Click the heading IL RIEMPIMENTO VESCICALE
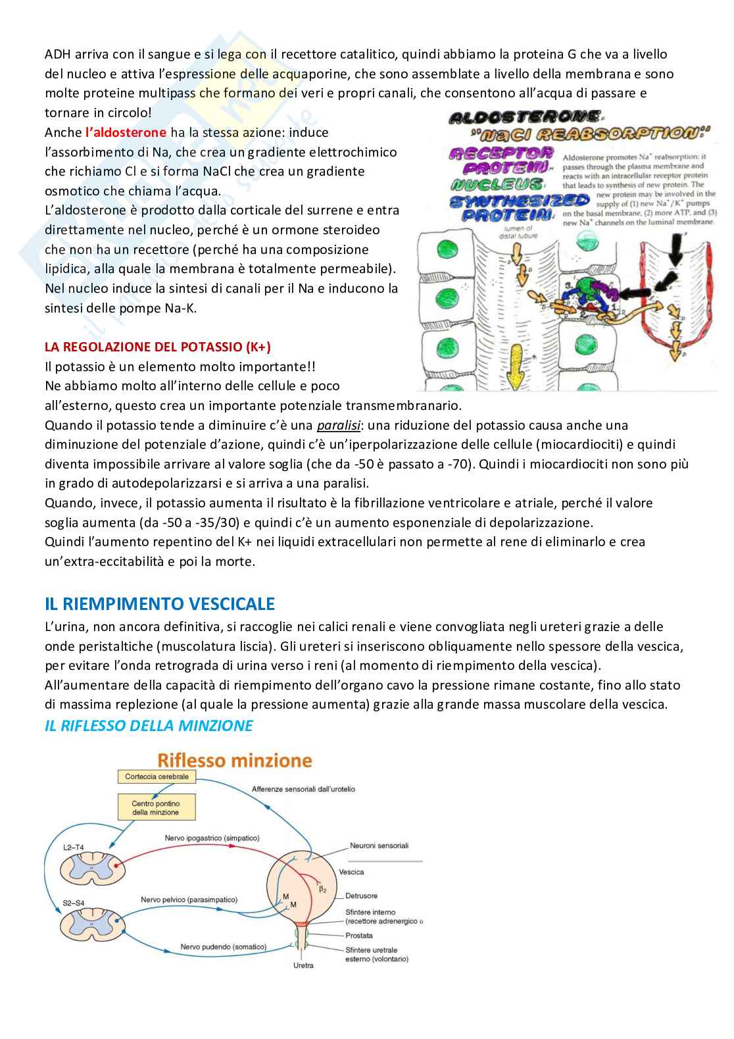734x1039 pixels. [x=160, y=603]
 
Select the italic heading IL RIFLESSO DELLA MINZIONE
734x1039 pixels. [x=149, y=726]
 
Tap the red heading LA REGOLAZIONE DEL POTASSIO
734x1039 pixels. [x=157, y=347]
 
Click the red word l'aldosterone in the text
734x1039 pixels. [x=126, y=132]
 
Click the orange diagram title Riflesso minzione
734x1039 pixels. [x=234, y=761]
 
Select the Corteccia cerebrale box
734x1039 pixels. [x=157, y=776]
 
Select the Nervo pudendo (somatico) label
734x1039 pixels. [x=224, y=947]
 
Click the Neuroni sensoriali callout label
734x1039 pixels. [x=379, y=846]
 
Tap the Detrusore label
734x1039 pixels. [x=361, y=896]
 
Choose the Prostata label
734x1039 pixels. [x=359, y=935]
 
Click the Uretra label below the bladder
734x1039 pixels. [x=303, y=965]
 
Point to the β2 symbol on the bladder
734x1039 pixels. [x=323, y=889]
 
